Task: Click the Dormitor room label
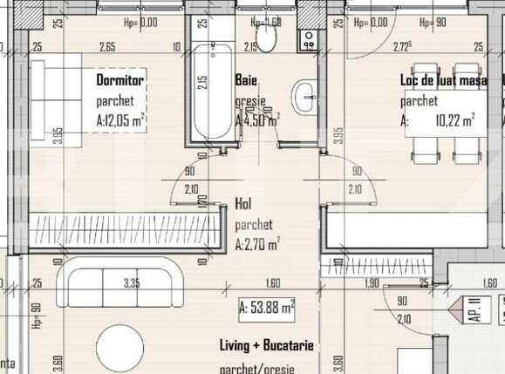[x=119, y=80]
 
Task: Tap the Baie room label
[x=245, y=80]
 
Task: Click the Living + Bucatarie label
[x=266, y=347]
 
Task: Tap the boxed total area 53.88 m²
[x=267, y=306]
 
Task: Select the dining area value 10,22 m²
[x=455, y=121]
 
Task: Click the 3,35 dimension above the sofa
[x=132, y=282]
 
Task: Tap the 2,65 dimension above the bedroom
[x=107, y=47]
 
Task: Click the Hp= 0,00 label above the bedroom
[x=140, y=24]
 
